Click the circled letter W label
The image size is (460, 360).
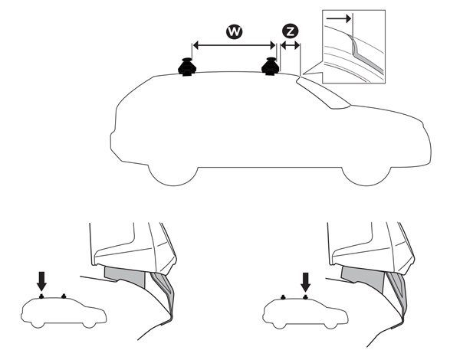235,31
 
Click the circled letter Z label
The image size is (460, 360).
290,31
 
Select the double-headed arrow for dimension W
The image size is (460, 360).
235,45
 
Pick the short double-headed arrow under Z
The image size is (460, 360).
290,45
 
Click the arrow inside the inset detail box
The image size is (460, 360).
339,18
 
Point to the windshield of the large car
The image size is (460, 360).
323,93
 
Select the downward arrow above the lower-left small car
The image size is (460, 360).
41,281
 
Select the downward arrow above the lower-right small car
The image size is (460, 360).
306,283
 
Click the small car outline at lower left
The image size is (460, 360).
64,313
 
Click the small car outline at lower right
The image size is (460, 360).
305,313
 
